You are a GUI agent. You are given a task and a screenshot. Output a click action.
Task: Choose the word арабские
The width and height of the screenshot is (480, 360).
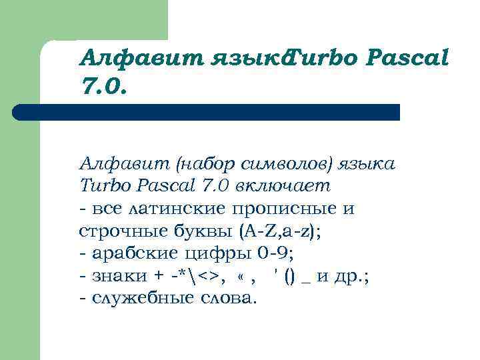pyautogui.click(x=127, y=254)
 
